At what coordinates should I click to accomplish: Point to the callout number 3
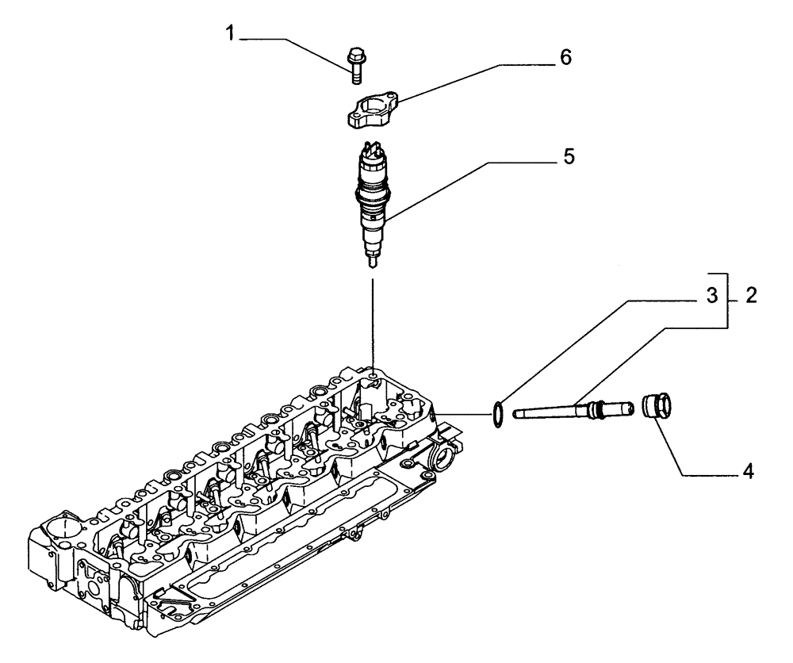click(x=712, y=296)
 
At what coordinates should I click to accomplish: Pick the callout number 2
click(x=750, y=297)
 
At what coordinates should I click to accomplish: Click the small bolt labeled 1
click(x=354, y=63)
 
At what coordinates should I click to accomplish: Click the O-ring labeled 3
click(x=496, y=413)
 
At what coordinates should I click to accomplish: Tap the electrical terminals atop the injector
click(x=372, y=148)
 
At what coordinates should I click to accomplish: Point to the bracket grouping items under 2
click(x=729, y=297)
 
